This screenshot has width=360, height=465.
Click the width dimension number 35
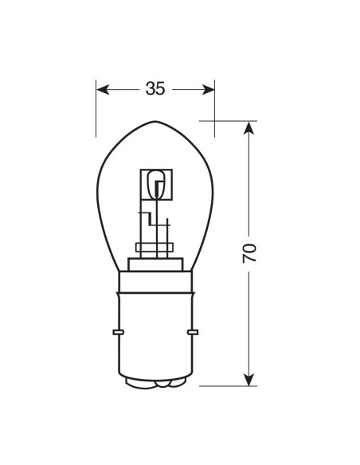click(x=155, y=89)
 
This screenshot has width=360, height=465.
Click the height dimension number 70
click(x=249, y=252)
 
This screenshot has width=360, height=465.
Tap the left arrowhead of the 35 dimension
click(x=101, y=89)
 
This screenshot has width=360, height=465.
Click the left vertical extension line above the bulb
click(x=96, y=107)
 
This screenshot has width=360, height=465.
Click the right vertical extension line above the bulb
click(x=214, y=107)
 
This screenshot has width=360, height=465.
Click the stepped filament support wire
click(x=147, y=219)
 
